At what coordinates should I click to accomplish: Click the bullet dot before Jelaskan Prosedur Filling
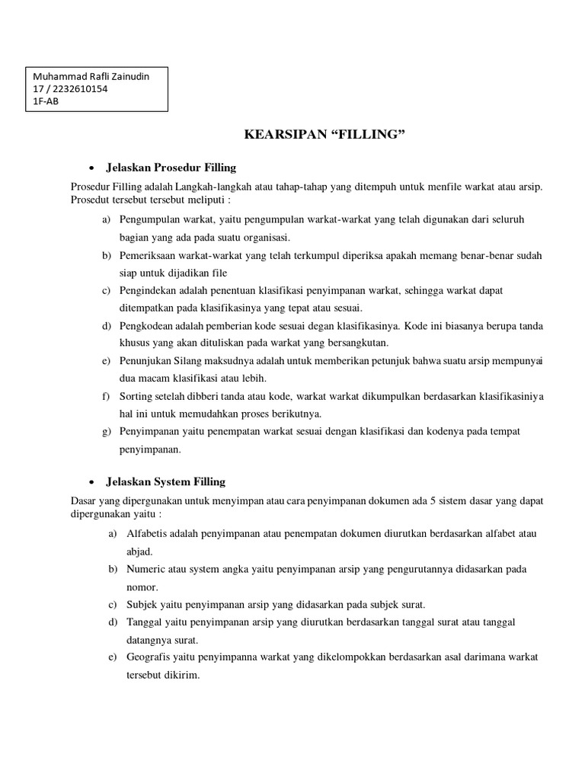[x=91, y=168]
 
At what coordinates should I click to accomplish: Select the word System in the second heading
[x=177, y=481]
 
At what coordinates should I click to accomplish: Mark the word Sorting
[x=136, y=396]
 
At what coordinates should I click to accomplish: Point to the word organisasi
[x=265, y=238]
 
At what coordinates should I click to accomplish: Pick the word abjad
[x=139, y=551]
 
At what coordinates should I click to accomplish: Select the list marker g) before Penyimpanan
[x=107, y=431]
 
